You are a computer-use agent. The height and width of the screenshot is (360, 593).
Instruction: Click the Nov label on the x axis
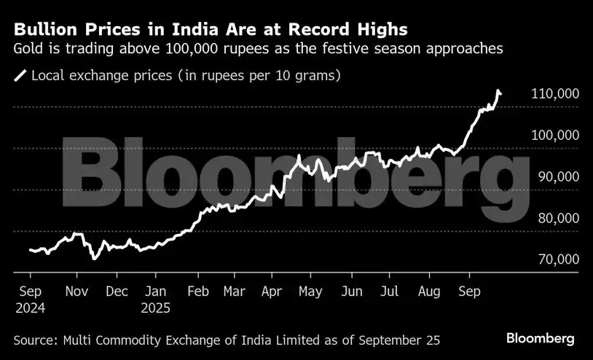click(x=76, y=291)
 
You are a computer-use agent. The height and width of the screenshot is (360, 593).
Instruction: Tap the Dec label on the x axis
click(x=117, y=291)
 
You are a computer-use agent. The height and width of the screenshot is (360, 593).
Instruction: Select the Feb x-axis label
click(x=198, y=291)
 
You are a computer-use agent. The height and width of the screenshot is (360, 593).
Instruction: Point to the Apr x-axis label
click(x=272, y=291)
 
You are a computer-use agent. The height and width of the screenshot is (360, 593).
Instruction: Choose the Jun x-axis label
click(x=351, y=291)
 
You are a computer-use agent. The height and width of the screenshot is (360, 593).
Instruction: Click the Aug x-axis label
click(x=429, y=291)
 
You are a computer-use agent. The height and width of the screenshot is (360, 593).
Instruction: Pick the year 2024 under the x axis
click(x=30, y=308)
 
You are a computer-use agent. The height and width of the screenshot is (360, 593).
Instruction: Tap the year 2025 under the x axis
click(x=155, y=308)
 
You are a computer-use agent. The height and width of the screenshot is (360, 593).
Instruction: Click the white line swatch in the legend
click(x=20, y=75)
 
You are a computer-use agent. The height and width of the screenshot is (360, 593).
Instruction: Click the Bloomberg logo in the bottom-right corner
click(x=541, y=339)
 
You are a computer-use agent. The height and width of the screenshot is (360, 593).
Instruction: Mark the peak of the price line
click(x=498, y=91)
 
